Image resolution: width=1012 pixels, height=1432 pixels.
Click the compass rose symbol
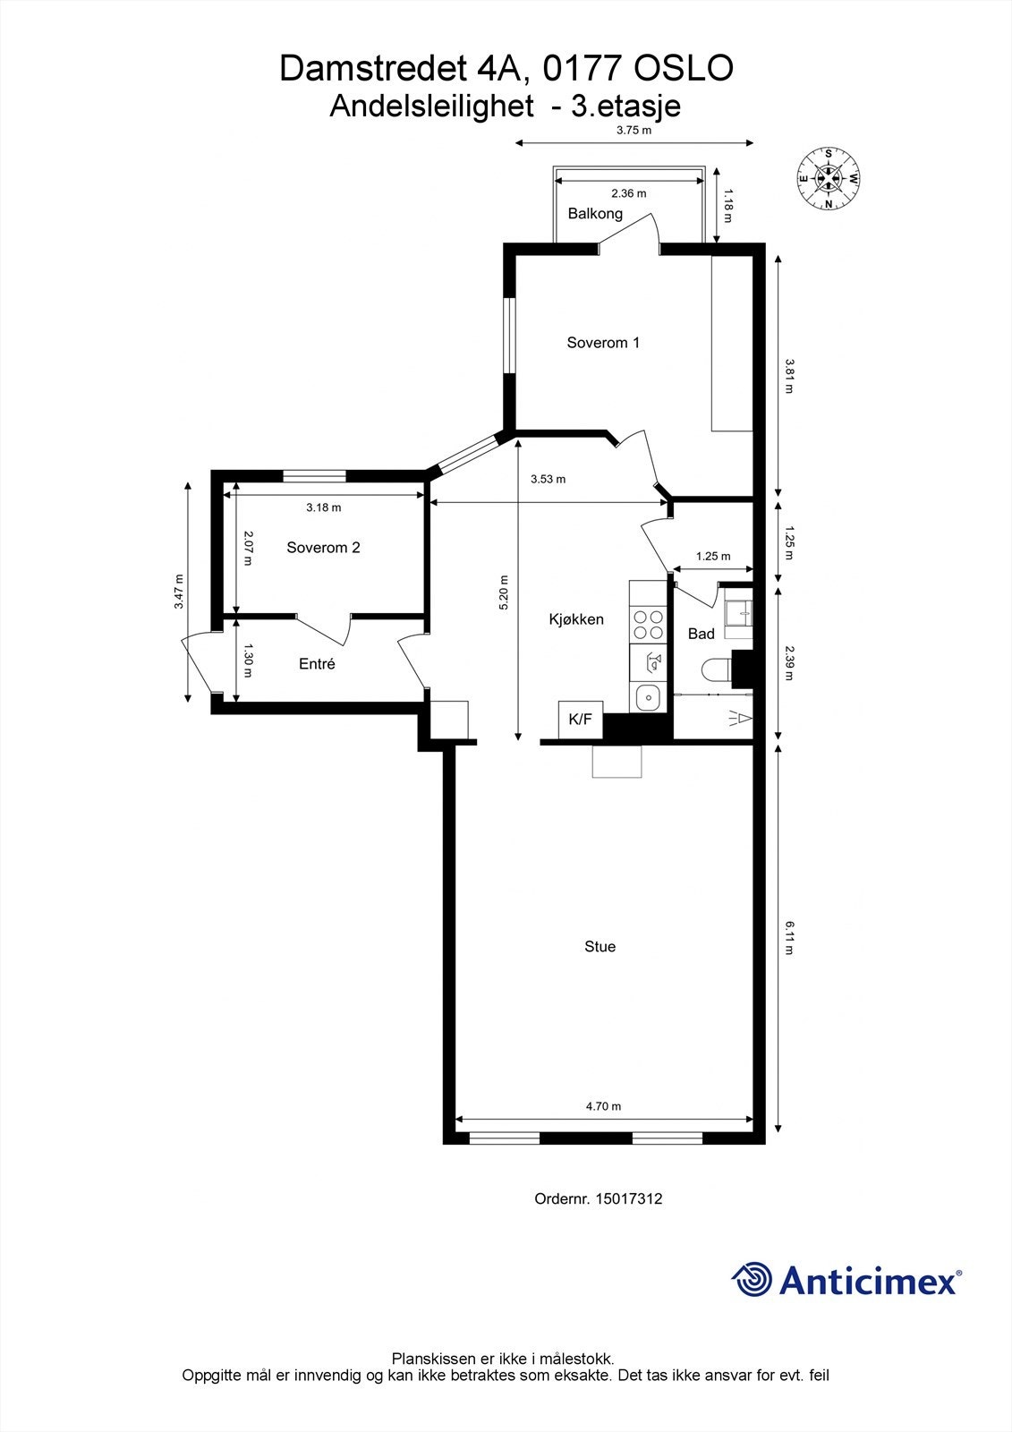[x=829, y=178]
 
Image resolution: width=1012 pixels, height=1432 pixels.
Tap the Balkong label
[x=595, y=214]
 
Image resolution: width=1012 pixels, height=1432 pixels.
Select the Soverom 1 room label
[x=603, y=343]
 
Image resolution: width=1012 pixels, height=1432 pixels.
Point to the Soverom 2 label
[x=323, y=548]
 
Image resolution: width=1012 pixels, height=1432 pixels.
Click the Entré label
[x=317, y=664]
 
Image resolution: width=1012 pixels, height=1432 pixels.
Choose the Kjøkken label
[x=576, y=619]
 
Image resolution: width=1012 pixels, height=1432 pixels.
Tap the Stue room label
[x=600, y=947]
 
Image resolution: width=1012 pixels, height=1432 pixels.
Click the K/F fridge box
[x=581, y=719]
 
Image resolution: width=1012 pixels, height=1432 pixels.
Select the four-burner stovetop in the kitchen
[x=648, y=624]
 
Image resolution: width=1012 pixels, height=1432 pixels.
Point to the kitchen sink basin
[x=646, y=696]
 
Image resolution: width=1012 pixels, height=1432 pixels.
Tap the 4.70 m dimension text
[x=603, y=1106]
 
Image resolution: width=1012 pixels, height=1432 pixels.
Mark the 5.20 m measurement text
[x=504, y=592]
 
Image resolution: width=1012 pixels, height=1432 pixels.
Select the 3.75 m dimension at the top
[x=634, y=130]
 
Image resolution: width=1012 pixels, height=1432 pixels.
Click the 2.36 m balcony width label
[x=628, y=193]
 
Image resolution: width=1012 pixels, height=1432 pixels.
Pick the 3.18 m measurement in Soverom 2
[x=323, y=507]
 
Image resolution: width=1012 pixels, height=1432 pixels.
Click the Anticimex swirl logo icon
[x=752, y=1279]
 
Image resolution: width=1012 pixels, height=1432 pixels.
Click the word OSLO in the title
[x=683, y=69]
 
